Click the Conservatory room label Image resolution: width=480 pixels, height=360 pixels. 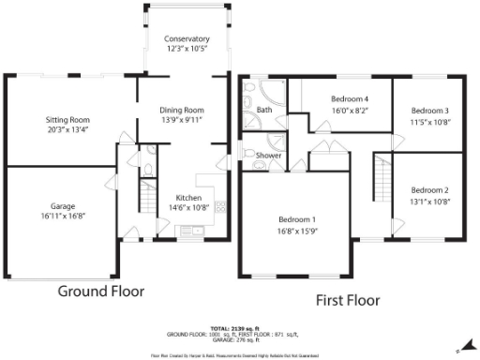(187, 38)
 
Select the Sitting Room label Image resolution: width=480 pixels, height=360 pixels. (67, 120)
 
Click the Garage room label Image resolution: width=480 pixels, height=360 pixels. (63, 205)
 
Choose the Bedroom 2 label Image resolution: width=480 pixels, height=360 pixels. (429, 189)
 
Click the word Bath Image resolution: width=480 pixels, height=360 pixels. (264, 110)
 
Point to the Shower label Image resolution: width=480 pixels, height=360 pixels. (269, 156)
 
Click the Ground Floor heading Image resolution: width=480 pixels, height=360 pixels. (101, 292)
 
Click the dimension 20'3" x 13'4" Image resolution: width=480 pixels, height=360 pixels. (67, 131)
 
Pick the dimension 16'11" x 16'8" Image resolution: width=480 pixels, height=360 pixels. (63, 217)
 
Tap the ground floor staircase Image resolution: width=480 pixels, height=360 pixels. (145, 198)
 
